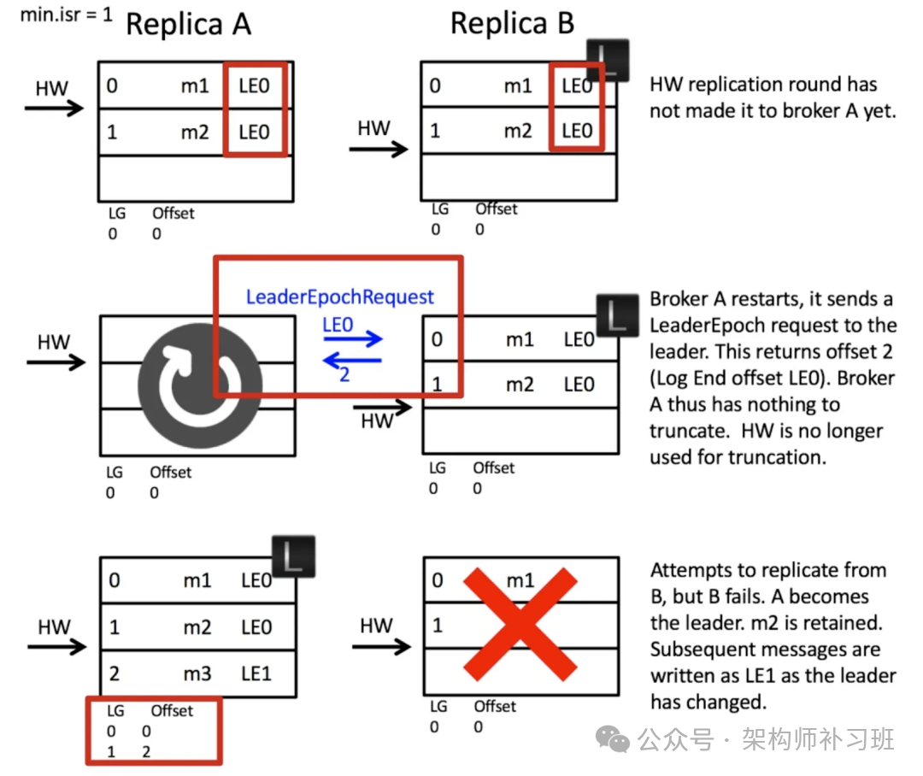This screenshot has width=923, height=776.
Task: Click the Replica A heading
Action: click(x=188, y=25)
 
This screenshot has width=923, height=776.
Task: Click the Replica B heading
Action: click(x=512, y=23)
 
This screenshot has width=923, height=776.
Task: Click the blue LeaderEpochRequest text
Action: click(x=340, y=297)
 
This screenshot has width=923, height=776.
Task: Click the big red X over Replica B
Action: click(x=520, y=625)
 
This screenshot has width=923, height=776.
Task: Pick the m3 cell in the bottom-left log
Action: click(x=197, y=673)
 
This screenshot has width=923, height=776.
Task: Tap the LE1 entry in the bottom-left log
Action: click(x=256, y=673)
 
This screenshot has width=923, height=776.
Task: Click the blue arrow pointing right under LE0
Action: click(x=353, y=339)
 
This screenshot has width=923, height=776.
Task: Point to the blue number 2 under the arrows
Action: click(x=344, y=373)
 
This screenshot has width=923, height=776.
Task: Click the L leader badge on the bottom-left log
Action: click(x=293, y=556)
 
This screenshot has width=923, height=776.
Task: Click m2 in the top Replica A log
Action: click(x=196, y=132)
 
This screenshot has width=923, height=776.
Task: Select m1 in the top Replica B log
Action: click(x=518, y=86)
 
